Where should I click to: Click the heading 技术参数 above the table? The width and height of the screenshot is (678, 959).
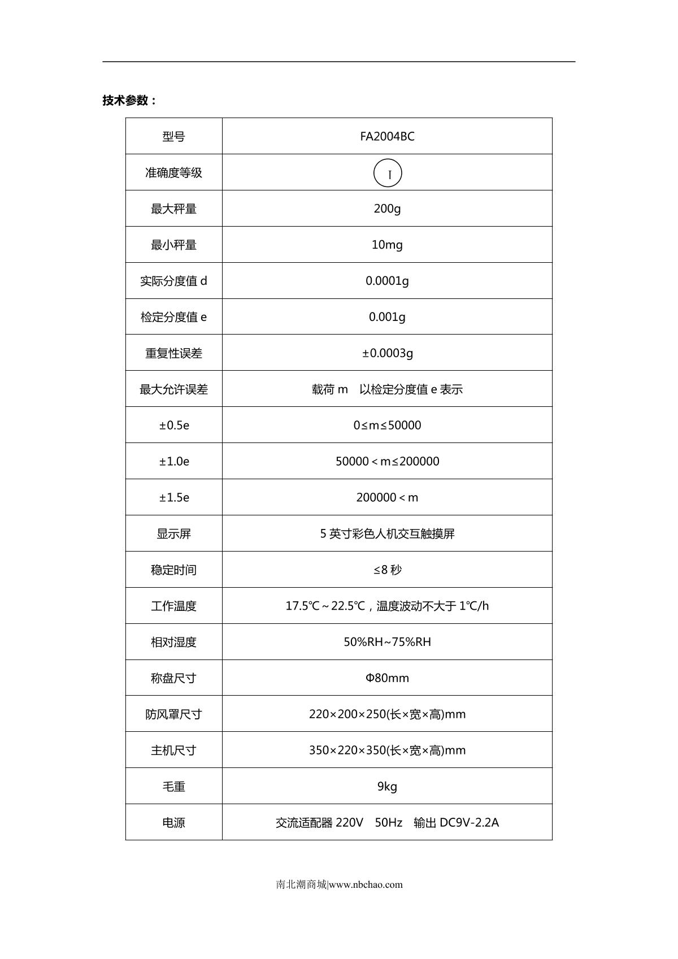129,101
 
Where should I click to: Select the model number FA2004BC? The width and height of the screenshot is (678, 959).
387,136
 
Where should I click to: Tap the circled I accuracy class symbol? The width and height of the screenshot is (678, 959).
388,173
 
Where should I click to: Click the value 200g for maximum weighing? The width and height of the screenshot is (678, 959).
387,209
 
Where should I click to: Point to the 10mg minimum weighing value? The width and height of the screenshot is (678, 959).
387,245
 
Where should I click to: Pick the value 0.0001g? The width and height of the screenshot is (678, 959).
387,281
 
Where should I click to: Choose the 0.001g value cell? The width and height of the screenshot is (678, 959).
387,317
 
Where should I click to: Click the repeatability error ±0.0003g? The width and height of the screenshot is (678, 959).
387,353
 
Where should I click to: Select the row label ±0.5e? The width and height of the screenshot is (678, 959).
174,426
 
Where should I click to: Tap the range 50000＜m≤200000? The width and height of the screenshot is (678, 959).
387,462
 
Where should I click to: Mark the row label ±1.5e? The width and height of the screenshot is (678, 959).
174,498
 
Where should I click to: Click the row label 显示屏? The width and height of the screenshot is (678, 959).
174,533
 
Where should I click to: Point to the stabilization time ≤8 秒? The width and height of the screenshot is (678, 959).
387,570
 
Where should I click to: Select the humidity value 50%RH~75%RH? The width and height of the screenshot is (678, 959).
387,642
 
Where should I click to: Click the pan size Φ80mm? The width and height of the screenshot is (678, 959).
387,678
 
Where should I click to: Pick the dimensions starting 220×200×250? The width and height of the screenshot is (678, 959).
387,714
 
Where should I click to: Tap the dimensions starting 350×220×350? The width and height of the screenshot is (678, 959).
387,750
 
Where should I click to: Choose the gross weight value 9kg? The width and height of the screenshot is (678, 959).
387,787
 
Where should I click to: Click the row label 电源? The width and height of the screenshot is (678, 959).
174,823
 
